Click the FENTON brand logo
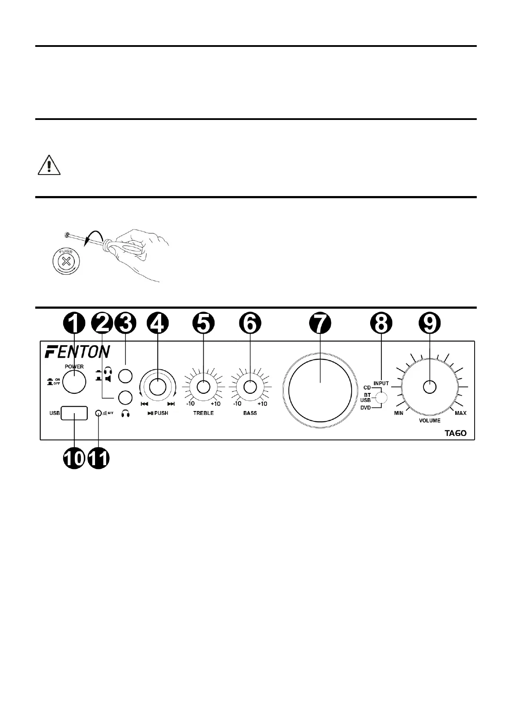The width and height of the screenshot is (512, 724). [77, 351]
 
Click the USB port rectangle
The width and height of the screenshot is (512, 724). [74, 413]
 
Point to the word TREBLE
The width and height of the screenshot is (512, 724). [203, 413]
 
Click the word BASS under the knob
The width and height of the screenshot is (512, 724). [250, 413]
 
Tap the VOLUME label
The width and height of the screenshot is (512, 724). [429, 420]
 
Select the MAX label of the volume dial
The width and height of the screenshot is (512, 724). [460, 413]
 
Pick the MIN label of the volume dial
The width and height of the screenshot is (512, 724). [399, 413]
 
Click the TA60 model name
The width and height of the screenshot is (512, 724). [455, 433]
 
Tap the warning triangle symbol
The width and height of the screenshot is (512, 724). [49, 166]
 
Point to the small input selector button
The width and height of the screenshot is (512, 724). [380, 398]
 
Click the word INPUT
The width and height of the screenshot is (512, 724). [381, 383]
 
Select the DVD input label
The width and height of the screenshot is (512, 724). [365, 408]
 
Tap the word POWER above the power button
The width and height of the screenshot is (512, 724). [74, 367]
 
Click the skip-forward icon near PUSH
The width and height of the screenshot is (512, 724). [171, 404]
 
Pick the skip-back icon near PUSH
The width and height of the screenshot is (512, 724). [144, 404]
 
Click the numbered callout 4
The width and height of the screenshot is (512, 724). [158, 323]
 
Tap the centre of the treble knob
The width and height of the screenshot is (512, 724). [203, 387]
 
